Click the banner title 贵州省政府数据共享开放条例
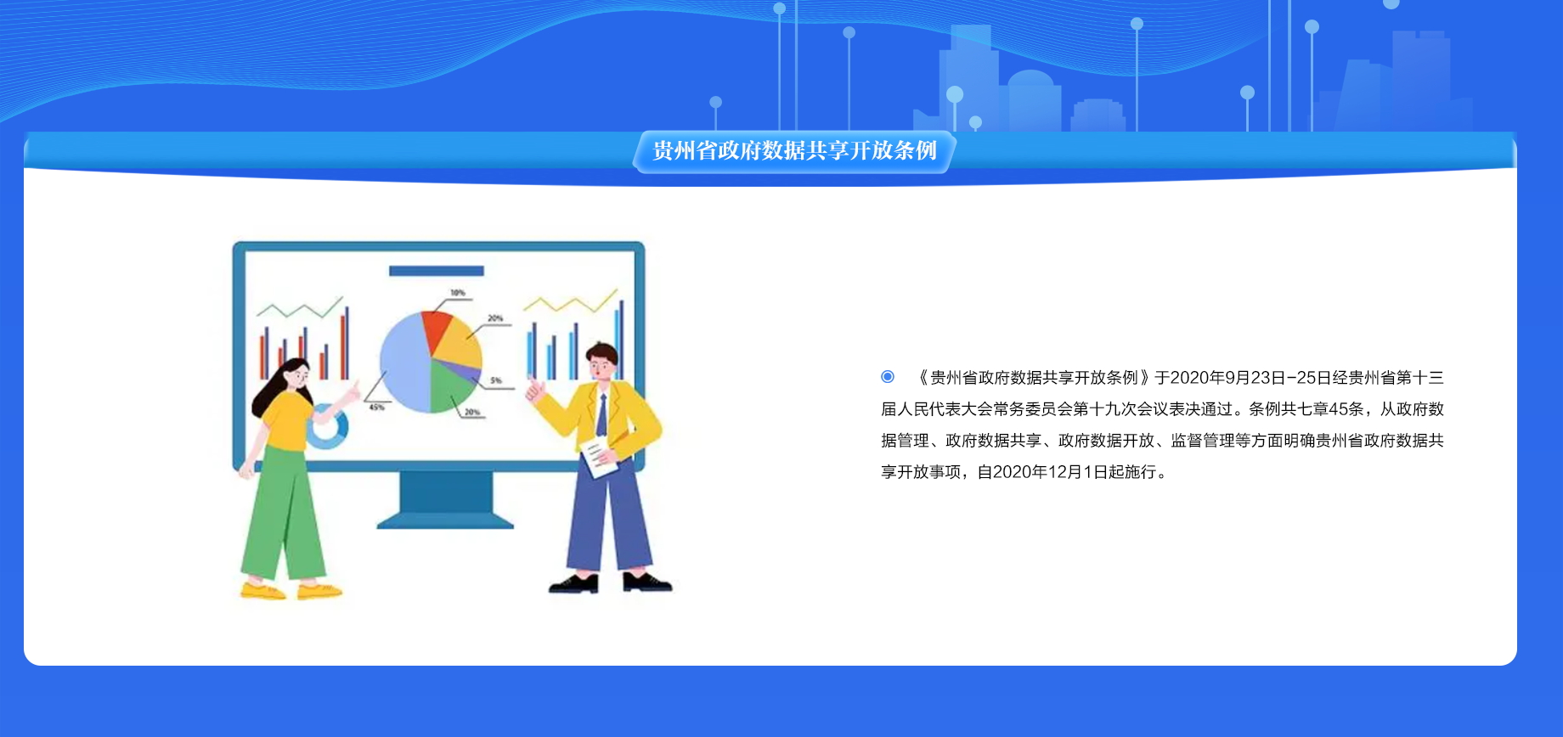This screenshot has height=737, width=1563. [794, 150]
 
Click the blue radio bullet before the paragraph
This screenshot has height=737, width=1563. [888, 376]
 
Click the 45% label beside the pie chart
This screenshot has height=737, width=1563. [376, 408]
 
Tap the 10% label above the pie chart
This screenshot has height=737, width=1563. [458, 293]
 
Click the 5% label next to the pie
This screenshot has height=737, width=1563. [496, 380]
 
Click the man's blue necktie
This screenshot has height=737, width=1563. [602, 415]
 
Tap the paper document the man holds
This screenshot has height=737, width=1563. [599, 459]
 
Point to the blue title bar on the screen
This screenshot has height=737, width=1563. [437, 271]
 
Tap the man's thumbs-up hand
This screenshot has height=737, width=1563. [535, 391]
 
